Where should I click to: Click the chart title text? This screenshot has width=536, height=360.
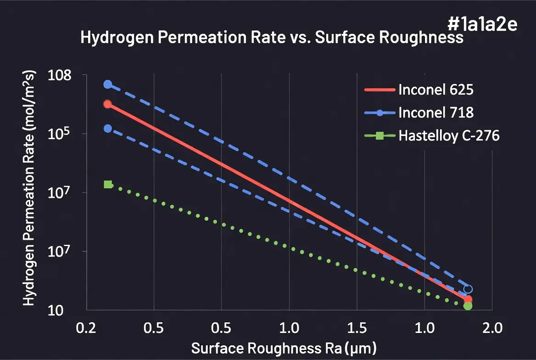[272, 38]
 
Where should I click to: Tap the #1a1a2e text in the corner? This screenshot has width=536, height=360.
[481, 25]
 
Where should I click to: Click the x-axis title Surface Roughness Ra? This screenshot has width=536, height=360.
[284, 349]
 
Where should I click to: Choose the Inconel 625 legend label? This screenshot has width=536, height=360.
[435, 90]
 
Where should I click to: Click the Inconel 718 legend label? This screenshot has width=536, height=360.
[435, 112]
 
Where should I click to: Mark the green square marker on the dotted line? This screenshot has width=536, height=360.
[108, 185]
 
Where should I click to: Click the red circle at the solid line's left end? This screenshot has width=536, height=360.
[107, 104]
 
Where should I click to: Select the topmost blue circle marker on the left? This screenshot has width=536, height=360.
[107, 84]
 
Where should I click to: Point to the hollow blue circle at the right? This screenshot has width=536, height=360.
[468, 289]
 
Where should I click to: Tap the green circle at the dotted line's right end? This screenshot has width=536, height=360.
[468, 306]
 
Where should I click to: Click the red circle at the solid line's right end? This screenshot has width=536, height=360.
[468, 299]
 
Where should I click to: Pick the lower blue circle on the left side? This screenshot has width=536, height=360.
[107, 129]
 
